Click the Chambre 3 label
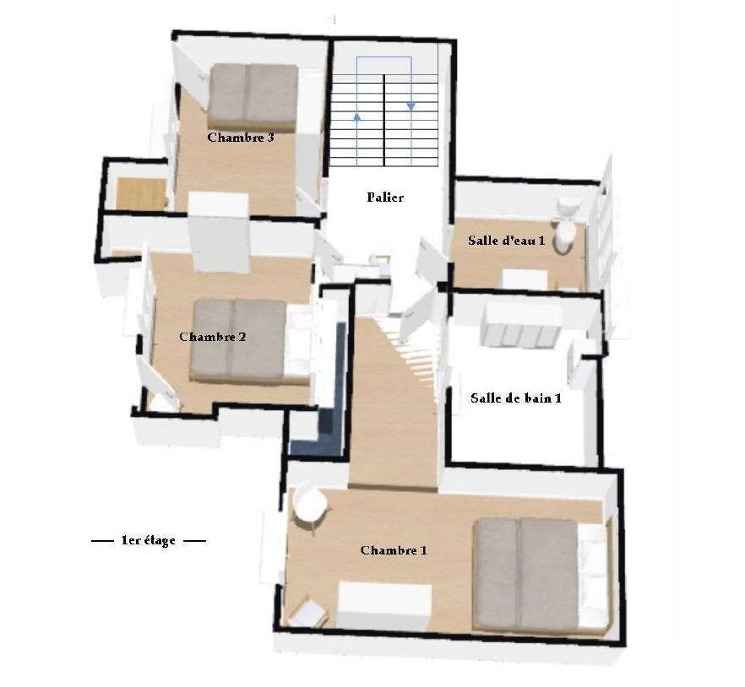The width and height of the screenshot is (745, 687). pos(241,138)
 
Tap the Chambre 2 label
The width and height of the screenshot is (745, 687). pos(212,337)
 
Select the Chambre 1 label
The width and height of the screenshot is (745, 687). pos(394,551)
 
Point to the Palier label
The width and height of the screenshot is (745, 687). pos(385,197)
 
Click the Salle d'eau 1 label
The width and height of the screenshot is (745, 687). pos(507,241)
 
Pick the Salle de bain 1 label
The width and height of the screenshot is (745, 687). pos(516,398)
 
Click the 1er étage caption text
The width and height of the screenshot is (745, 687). pos(149,540)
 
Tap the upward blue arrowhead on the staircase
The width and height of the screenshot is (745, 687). pos(357,116)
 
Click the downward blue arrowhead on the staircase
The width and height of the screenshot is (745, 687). pos(411,107)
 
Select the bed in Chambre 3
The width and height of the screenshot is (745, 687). pos(254,98)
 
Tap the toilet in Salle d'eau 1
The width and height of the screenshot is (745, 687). pos(566,224)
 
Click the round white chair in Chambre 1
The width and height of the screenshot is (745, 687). pos(310,504)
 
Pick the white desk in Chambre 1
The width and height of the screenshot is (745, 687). pos(384,606)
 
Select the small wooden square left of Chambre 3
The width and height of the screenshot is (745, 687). pos(141,192)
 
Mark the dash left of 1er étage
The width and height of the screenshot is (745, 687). pos(102,541)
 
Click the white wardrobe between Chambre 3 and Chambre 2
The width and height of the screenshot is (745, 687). pos(219,232)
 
